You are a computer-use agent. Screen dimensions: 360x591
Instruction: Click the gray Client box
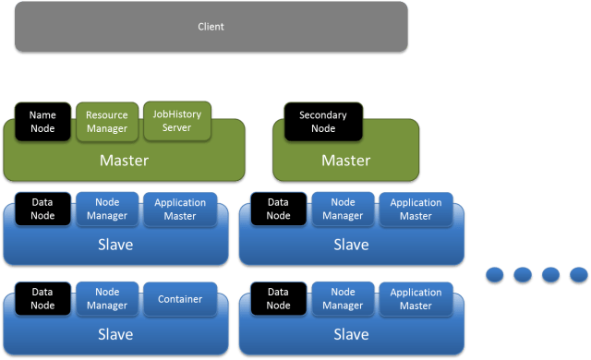point(211,27)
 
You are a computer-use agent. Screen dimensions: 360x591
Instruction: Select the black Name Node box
point(42,122)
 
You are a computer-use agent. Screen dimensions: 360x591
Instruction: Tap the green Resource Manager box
point(106,122)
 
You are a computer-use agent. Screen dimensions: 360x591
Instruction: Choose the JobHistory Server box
point(176,121)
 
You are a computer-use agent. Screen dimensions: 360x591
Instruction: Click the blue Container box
point(180,299)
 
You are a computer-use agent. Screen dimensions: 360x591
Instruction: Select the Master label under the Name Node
point(124,161)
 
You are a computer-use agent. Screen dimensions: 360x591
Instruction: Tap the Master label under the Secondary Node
point(345,161)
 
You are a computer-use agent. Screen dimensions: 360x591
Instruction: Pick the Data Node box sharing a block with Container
point(42,299)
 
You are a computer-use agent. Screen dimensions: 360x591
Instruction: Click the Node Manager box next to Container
point(106,299)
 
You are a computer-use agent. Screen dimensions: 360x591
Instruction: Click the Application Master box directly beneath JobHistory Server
point(180,210)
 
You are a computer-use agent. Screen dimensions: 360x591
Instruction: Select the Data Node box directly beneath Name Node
point(42,210)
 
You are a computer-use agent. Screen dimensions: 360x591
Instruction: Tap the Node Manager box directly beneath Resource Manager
point(106,210)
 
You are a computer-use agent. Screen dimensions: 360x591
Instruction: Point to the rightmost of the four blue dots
point(578,274)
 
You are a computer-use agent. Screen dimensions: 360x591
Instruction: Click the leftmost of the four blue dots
point(495,274)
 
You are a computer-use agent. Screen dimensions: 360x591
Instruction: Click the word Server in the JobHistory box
point(176,127)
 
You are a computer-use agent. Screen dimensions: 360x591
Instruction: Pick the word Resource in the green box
point(106,115)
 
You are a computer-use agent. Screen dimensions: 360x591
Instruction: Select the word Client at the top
point(211,27)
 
